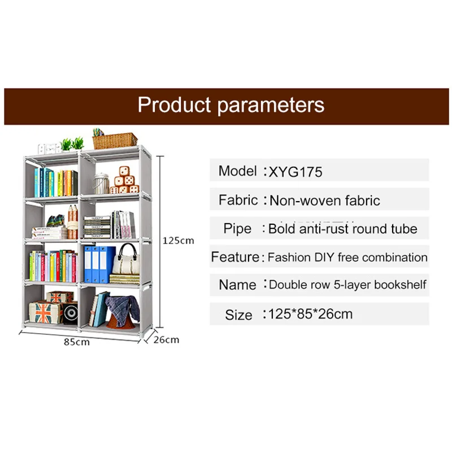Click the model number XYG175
coord(295,171)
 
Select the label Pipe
coord(237,228)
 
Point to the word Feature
coord(235,257)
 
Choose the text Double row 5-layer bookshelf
coord(347,285)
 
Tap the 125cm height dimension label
coord(178,240)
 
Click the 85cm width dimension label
coord(76,342)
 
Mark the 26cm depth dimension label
coord(167,340)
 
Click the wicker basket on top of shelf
coord(115,140)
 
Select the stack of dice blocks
coord(124,181)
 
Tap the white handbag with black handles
coord(127,261)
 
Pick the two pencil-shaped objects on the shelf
coord(72,221)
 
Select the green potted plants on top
coord(72,144)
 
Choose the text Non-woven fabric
coord(324,200)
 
